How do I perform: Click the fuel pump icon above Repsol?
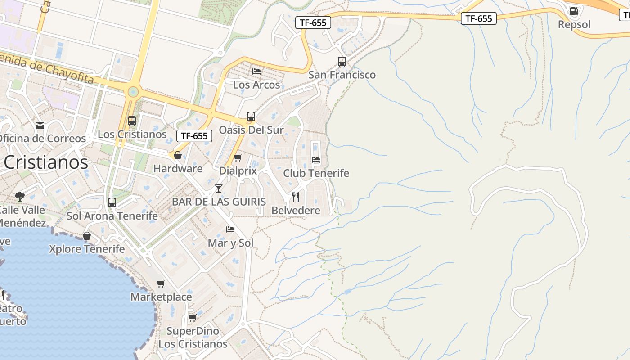[x=574, y=11]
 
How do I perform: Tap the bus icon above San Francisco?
[x=342, y=62]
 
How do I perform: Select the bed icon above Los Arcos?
[x=256, y=71]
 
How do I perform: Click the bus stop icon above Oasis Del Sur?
[x=251, y=117]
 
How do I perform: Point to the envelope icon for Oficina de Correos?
[x=40, y=125]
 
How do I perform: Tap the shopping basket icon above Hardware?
[x=178, y=155]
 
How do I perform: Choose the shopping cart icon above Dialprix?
[x=238, y=157]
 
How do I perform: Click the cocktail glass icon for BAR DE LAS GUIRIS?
[x=219, y=188]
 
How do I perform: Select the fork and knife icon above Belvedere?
[x=296, y=197]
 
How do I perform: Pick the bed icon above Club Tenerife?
[x=316, y=159]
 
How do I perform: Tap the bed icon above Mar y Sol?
[x=230, y=229]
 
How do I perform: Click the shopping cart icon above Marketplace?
[x=161, y=283]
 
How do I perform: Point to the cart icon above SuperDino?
[x=192, y=318]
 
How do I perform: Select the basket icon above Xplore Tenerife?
[x=87, y=236]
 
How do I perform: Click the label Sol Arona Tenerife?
[x=112, y=216]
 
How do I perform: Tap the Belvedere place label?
[x=296, y=211]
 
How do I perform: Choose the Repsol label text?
[x=574, y=25]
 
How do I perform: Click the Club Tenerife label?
[x=316, y=173]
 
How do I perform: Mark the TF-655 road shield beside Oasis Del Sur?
[x=194, y=136]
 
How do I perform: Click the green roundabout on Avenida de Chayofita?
[x=133, y=92]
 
